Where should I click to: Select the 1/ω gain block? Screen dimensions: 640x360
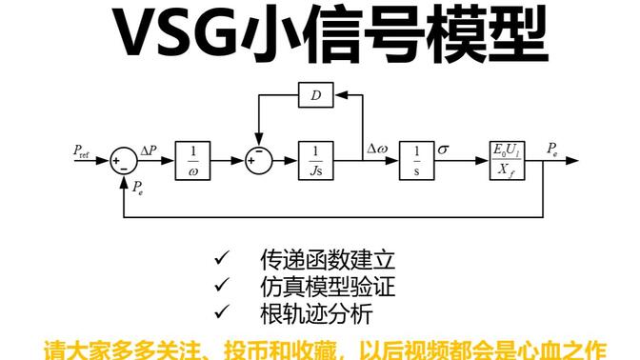coord(193,160)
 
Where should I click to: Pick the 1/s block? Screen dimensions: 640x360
coord(415,160)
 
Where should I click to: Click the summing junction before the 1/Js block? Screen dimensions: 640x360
coord(254,160)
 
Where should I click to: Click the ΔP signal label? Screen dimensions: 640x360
coord(150,150)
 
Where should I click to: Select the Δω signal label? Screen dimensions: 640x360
coord(376,150)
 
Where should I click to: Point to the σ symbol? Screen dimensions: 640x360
coord(443,150)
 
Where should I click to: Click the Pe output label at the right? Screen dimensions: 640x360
coord(553,149)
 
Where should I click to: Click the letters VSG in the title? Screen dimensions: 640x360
coord(175,36)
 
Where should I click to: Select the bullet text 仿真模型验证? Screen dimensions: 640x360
coord(326,286)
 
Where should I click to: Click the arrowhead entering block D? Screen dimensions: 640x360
coord(336,97)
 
